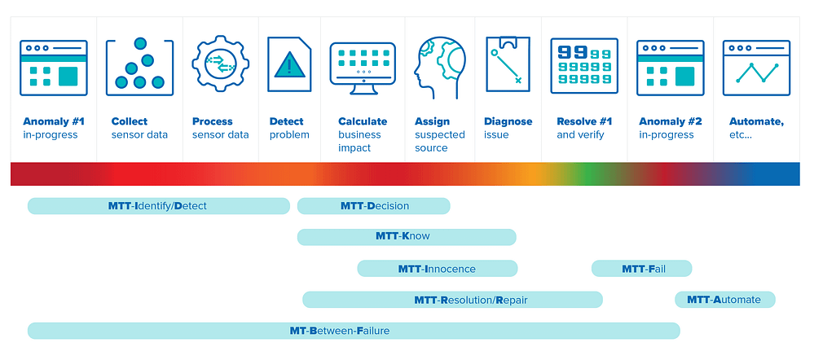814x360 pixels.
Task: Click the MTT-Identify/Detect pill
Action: coord(158,206)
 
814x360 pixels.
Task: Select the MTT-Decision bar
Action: coord(374,206)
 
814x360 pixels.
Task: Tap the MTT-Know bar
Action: coord(407,237)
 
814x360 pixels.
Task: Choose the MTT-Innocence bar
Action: coord(437,269)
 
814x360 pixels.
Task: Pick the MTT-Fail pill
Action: coord(641,269)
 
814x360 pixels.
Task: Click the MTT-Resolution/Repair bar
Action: coord(452,300)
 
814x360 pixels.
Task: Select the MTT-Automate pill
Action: coord(724,300)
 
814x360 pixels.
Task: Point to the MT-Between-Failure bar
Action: coord(354,331)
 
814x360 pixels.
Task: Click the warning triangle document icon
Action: coord(289,64)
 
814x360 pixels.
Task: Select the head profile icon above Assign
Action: coord(440,68)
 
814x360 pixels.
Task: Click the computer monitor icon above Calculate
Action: coord(363,68)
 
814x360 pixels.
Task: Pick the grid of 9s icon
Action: coord(584,66)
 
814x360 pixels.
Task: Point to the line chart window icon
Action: coord(756,68)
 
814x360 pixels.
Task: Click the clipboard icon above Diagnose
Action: coord(508,64)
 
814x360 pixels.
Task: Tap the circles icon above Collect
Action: coord(139,67)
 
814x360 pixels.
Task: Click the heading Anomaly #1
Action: coord(54,122)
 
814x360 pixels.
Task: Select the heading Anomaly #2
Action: coord(671,122)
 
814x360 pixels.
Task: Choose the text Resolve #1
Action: coord(584,122)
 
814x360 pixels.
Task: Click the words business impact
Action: coord(360,142)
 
